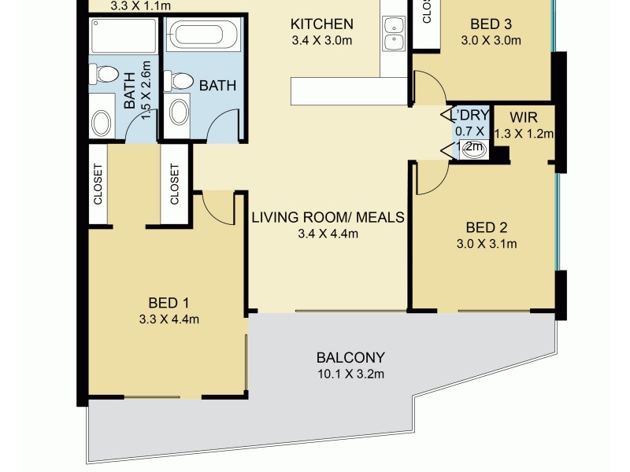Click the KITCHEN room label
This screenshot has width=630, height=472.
click(x=321, y=24)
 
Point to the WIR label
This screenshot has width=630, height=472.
click(x=524, y=116)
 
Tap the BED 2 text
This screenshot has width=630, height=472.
click(x=486, y=227)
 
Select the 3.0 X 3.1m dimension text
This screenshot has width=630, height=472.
click(x=486, y=243)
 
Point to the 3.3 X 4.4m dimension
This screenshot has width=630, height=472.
click(x=173, y=319)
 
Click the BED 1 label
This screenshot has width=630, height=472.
click(x=173, y=303)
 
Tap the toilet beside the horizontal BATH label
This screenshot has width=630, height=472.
click(x=180, y=82)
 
